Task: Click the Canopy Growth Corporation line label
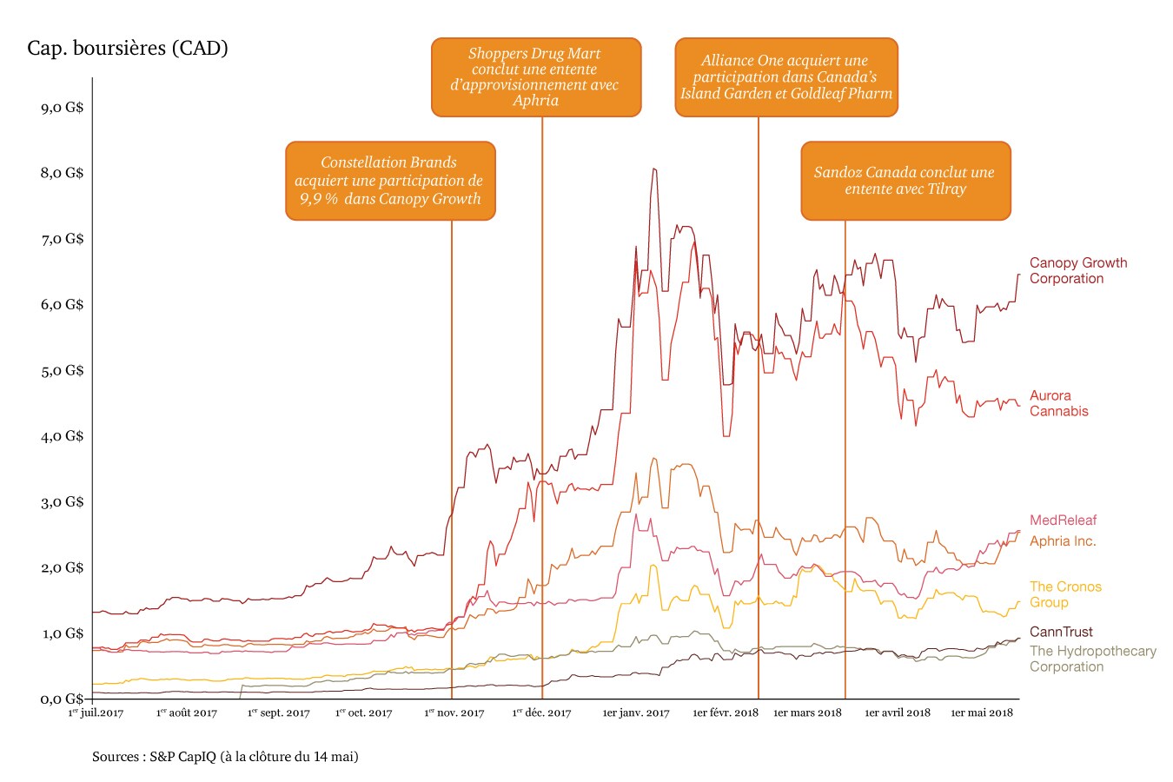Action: pyautogui.click(x=1077, y=270)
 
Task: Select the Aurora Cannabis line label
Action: pyautogui.click(x=1058, y=403)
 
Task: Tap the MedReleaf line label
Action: pyautogui.click(x=1063, y=520)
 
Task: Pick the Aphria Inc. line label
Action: pyautogui.click(x=1063, y=540)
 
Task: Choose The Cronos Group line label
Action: pyautogui.click(x=1065, y=594)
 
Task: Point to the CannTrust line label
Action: pyautogui.click(x=1061, y=632)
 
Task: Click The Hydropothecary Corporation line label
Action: pyautogui.click(x=1092, y=659)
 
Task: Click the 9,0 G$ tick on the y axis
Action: pyautogui.click(x=63, y=108)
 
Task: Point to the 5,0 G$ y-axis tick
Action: pyautogui.click(x=63, y=370)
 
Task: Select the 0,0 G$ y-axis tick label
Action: pyautogui.click(x=63, y=699)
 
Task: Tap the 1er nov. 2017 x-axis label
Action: pyautogui.click(x=454, y=713)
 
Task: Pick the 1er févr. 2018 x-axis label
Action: pyautogui.click(x=725, y=713)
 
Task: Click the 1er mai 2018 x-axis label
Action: pyautogui.click(x=981, y=713)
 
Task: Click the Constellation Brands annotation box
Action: pyautogui.click(x=390, y=181)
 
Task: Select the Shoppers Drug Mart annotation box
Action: pyautogui.click(x=536, y=76)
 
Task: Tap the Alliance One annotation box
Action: pyautogui.click(x=786, y=76)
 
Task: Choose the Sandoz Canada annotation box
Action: pyautogui.click(x=905, y=181)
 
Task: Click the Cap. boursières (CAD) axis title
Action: pyautogui.click(x=128, y=48)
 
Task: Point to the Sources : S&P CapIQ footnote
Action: pyautogui.click(x=225, y=757)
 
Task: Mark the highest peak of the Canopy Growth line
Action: pyautogui.click(x=653, y=169)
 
